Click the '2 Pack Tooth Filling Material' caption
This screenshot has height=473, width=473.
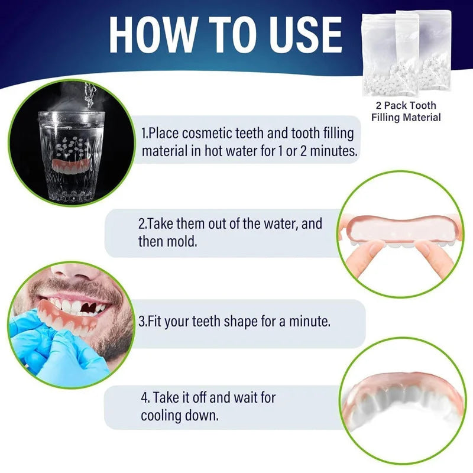[406, 111]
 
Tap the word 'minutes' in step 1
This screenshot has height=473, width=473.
[335, 150]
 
